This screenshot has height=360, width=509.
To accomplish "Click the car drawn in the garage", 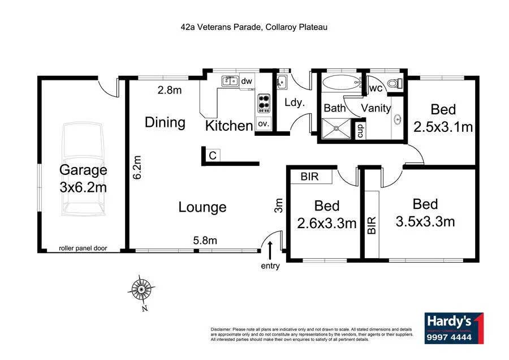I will click(x=83, y=170).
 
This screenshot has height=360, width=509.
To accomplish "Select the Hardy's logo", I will click(x=454, y=328).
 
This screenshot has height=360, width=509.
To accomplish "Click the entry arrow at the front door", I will click(x=270, y=249).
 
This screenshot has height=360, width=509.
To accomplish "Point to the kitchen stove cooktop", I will click(x=264, y=103).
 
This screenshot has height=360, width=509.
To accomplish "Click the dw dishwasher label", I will click(x=247, y=82).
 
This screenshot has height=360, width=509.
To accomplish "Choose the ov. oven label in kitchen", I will click(x=263, y=123).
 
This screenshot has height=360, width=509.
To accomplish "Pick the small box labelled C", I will click(x=212, y=155).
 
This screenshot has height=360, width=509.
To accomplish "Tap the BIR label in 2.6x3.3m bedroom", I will click(x=309, y=177).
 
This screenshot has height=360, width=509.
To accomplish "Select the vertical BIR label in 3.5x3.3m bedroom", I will click(x=372, y=225).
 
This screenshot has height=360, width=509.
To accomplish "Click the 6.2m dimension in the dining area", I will click(x=136, y=168).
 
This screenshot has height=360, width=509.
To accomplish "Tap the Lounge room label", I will click(x=202, y=207).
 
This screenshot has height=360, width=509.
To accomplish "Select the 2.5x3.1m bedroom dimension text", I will click(x=443, y=127).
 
